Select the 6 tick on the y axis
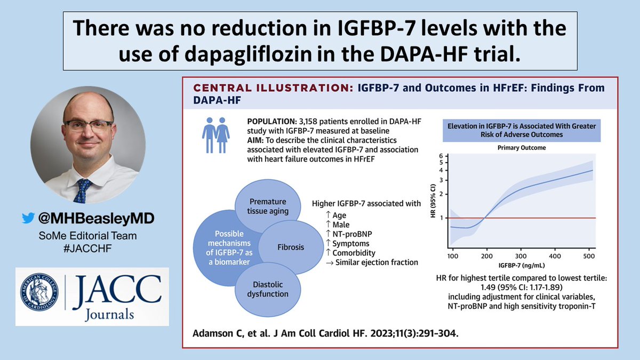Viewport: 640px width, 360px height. point(441,155)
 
